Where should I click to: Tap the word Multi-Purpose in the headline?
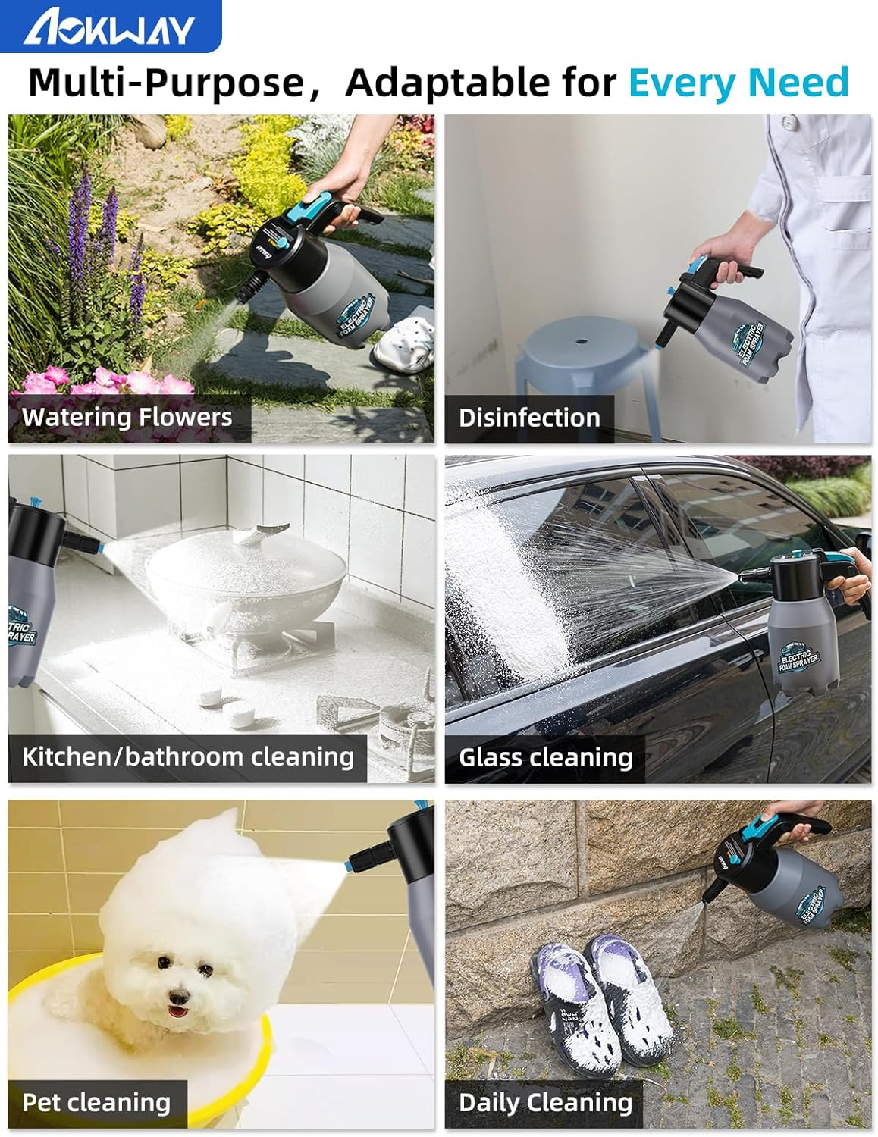[x=165, y=83]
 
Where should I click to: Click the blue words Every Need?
[x=738, y=83]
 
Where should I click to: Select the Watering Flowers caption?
[x=127, y=417]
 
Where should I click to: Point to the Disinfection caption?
[x=529, y=418]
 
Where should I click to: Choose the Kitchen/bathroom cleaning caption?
[x=187, y=756]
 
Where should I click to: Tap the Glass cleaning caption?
[x=545, y=757]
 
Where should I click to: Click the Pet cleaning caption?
[x=96, y=1102]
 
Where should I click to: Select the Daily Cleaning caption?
[x=545, y=1102]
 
